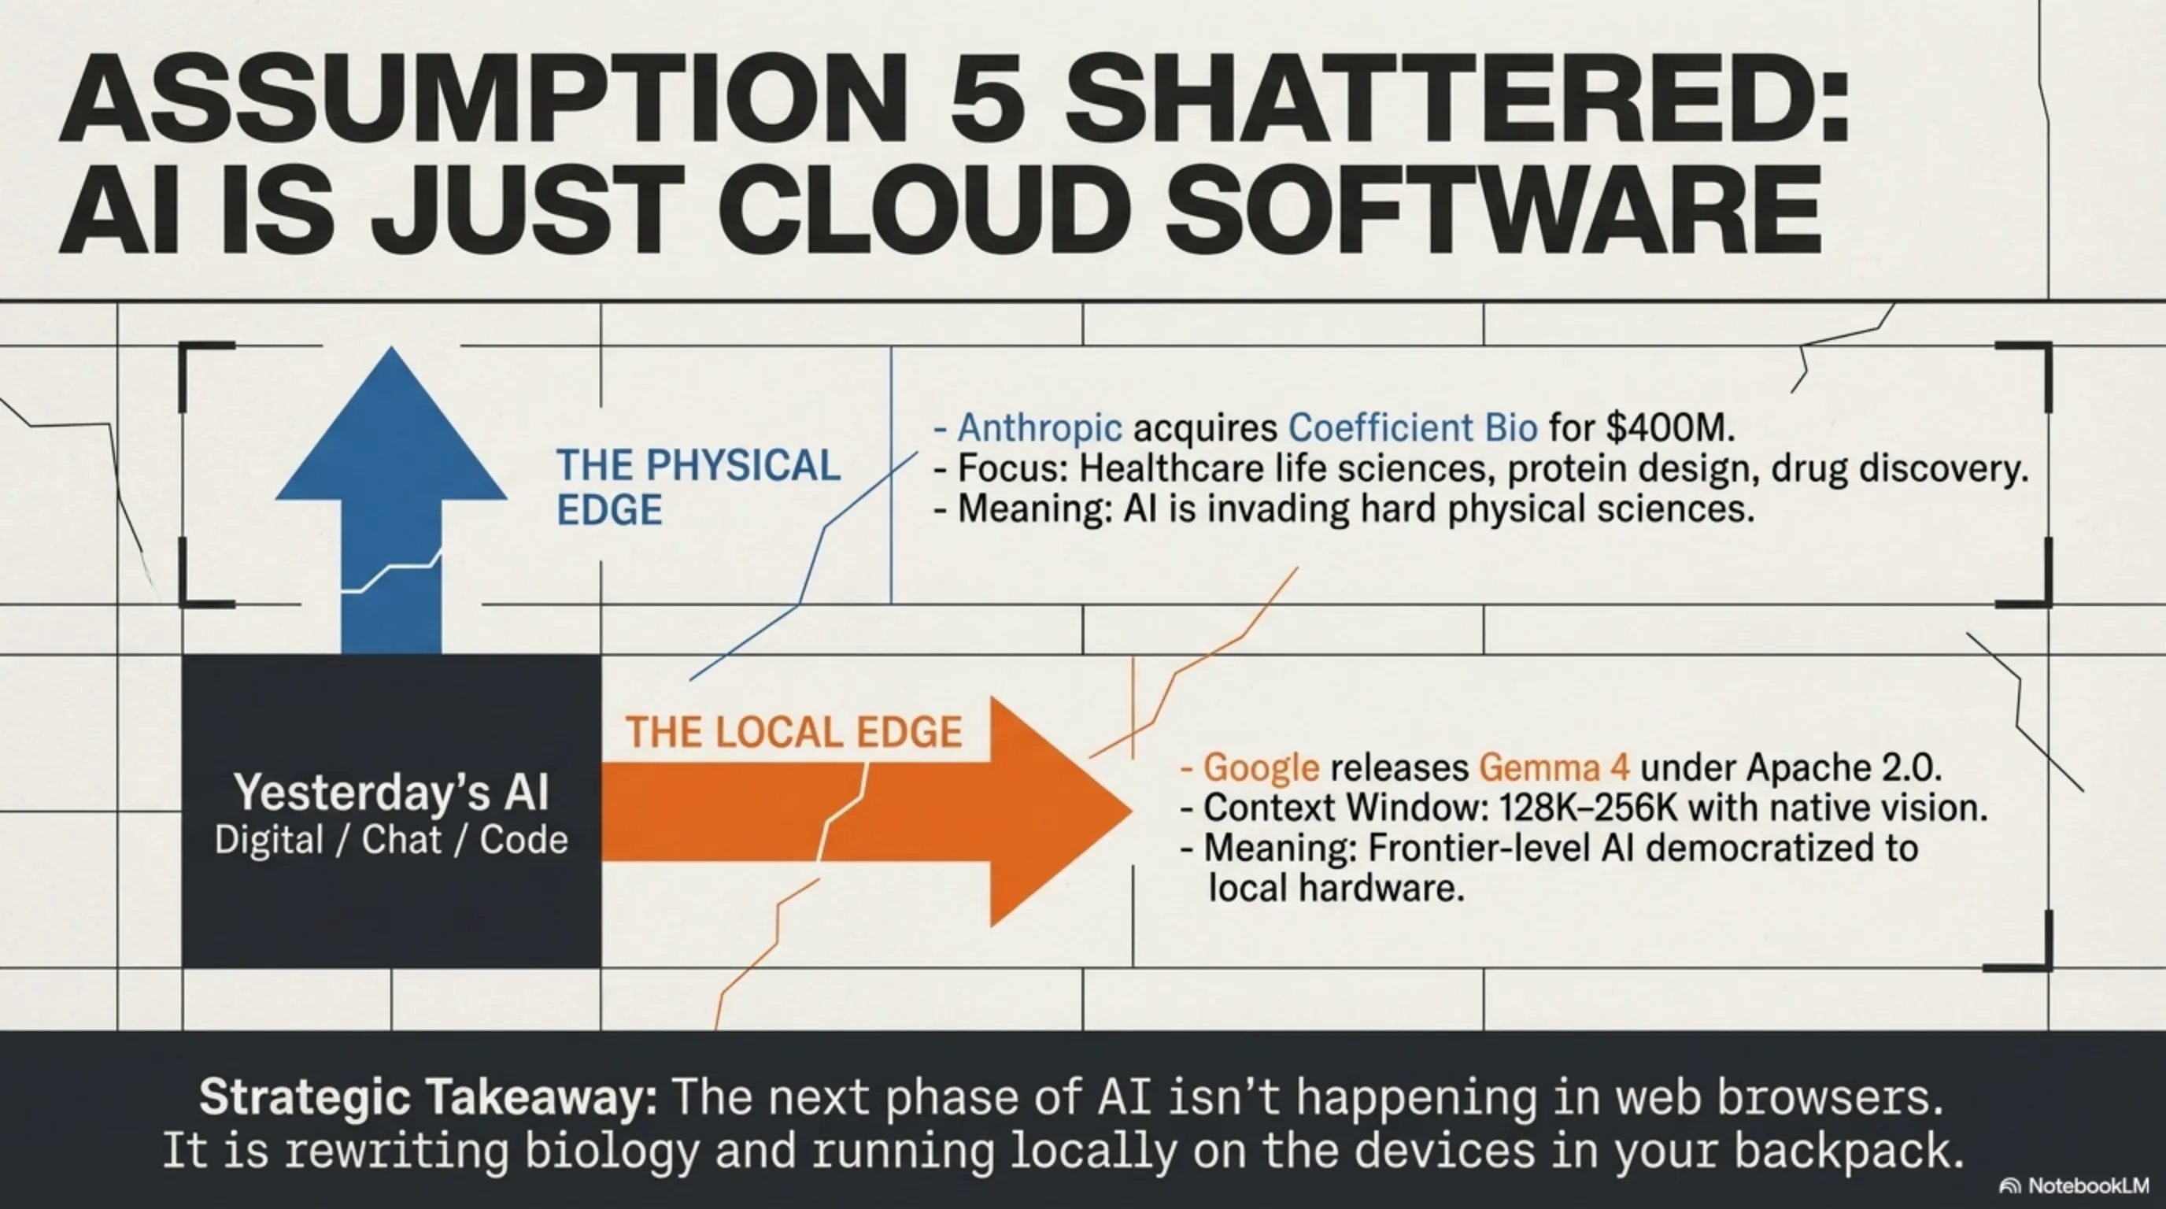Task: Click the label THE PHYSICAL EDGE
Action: (x=698, y=488)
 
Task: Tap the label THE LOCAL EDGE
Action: (x=793, y=732)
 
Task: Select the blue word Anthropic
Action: (x=1039, y=427)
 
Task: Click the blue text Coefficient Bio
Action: (x=1414, y=427)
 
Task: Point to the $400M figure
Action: (x=1669, y=427)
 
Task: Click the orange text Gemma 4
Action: (x=1554, y=767)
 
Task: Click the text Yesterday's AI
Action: (x=392, y=793)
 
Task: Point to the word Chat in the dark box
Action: (x=401, y=840)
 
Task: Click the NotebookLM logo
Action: (x=2073, y=1185)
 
